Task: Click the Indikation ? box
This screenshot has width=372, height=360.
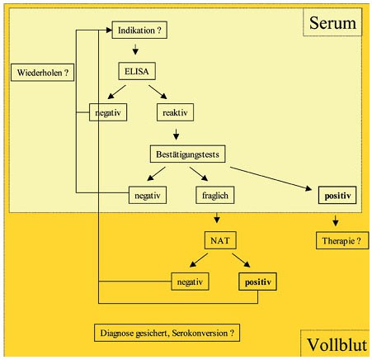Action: (x=139, y=30)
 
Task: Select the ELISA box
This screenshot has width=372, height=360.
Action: (x=137, y=71)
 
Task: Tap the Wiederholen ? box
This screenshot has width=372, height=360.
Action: (x=42, y=73)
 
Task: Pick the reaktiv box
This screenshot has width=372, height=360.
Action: (x=175, y=112)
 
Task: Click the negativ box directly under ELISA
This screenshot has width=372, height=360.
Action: (x=108, y=112)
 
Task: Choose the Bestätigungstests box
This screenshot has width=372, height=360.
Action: (x=187, y=154)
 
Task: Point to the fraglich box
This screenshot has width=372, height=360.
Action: (x=215, y=195)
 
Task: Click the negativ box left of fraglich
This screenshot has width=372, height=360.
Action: (x=148, y=195)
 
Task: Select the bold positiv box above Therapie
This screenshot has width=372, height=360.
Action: (x=337, y=195)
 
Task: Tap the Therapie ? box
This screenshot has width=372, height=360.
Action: (x=342, y=240)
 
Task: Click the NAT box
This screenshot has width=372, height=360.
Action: (x=220, y=240)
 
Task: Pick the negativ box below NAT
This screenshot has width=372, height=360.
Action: (x=190, y=282)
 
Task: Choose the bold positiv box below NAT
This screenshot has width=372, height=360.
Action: (x=257, y=282)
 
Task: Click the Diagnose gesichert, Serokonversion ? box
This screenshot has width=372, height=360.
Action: (x=167, y=333)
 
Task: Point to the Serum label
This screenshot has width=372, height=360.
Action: (x=332, y=22)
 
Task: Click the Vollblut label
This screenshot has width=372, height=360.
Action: (x=337, y=344)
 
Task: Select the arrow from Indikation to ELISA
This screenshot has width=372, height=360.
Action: (x=135, y=49)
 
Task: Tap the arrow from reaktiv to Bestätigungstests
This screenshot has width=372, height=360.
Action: (x=177, y=134)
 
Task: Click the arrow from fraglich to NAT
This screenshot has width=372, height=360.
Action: (x=217, y=217)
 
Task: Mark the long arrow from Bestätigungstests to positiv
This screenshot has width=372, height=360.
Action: (x=271, y=178)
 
